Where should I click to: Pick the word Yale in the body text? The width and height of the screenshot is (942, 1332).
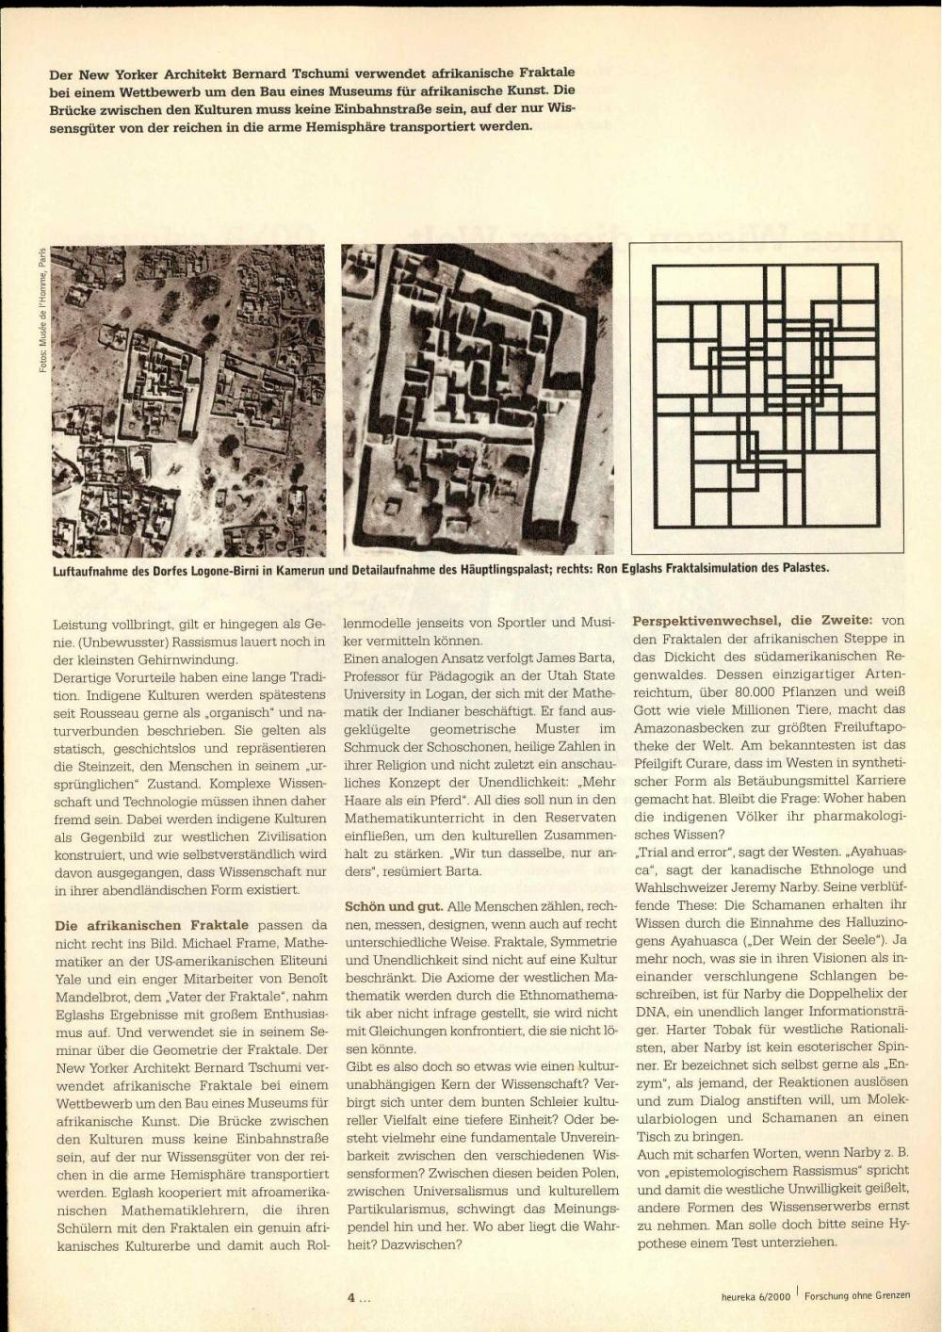70,980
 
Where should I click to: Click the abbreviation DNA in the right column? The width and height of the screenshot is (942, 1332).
650,1012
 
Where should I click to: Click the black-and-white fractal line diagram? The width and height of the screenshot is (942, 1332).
767,398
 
